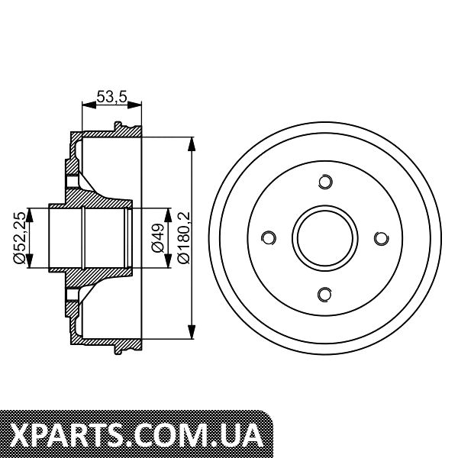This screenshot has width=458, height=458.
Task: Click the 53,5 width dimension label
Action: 112,97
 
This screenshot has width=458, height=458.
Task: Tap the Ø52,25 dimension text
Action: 21,237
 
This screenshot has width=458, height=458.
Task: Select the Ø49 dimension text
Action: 158,237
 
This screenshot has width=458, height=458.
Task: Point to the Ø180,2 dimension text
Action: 184,237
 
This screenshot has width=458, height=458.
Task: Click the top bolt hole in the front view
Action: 325,182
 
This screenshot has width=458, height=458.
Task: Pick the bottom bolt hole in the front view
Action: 325,295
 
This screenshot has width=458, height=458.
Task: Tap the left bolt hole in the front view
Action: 269,238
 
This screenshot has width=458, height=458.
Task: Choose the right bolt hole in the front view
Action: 381,238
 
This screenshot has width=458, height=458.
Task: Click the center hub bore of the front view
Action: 325,238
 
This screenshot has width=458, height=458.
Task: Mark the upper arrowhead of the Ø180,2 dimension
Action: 192,144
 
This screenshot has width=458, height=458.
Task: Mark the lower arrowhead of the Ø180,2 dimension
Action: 192,332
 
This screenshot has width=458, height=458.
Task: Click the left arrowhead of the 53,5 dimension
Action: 89,105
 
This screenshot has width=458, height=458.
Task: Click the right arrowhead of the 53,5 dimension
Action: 134,105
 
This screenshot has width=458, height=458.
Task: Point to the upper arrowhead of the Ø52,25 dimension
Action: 29,215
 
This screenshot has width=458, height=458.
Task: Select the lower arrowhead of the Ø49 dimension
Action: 168,260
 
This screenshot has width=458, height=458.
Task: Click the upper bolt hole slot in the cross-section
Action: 72,181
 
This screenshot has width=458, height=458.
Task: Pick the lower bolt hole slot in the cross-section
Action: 72,295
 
